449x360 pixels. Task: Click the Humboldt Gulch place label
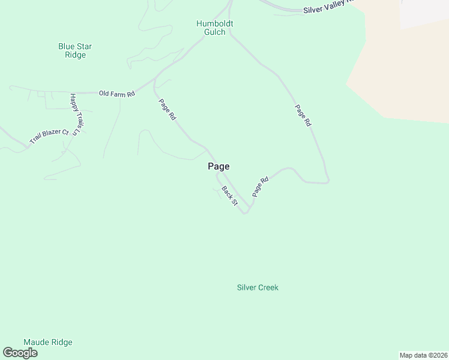click(214, 28)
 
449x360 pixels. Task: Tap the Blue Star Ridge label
click(75, 50)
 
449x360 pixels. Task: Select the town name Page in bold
click(218, 167)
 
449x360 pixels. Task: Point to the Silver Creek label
click(258, 287)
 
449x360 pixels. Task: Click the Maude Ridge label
click(48, 343)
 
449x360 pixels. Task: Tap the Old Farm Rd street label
click(117, 94)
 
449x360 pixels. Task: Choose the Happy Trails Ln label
click(74, 114)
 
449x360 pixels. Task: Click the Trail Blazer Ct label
click(50, 137)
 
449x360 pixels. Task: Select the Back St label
click(230, 196)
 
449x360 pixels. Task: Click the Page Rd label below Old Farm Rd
click(167, 109)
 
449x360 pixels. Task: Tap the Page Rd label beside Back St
click(259, 187)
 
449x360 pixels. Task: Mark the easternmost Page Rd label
click(303, 115)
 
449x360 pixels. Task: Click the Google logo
click(20, 353)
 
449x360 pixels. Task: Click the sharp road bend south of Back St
click(245, 212)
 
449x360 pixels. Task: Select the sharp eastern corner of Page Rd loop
click(328, 181)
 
